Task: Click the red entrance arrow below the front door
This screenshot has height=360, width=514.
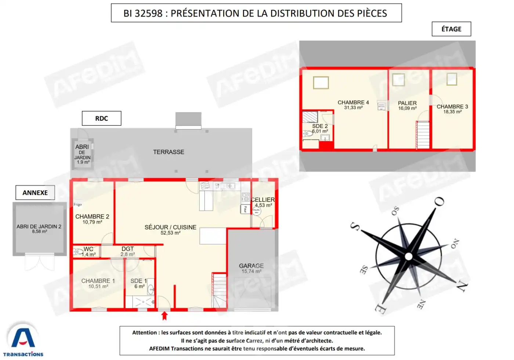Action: point(164,316)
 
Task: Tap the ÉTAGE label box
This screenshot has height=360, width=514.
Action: point(451,29)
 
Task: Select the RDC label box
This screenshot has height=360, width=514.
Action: point(101,119)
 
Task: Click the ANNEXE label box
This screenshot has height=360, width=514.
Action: point(35,193)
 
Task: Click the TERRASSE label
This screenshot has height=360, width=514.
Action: point(169,152)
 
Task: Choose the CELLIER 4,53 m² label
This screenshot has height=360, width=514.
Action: point(263,202)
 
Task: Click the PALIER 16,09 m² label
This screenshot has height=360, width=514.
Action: point(407,105)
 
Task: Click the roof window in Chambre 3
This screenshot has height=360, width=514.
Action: point(452,79)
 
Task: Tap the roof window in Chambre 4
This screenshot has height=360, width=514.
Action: point(321,83)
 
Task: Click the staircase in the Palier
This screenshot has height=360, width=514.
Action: point(423,135)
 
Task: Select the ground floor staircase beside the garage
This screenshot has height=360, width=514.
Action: point(219,290)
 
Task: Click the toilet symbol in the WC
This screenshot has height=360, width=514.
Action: point(78,252)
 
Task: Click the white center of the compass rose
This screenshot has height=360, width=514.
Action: point(408,256)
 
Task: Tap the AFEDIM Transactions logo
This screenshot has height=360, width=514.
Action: point(23,340)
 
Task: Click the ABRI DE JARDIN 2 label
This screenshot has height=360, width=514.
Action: point(39,229)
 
